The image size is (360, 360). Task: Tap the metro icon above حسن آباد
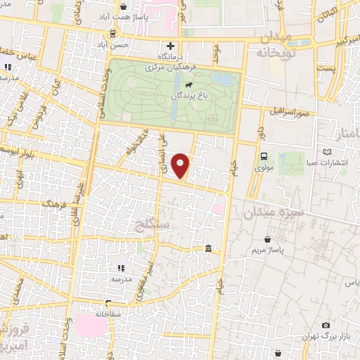coord(114,33)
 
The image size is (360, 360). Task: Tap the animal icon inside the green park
coord(188,85)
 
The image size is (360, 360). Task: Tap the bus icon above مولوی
coord(264,157)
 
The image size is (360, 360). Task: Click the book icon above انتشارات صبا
coord(326,152)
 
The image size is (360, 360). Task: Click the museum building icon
coord(209,249)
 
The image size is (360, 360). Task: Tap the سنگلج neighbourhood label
coord(152,226)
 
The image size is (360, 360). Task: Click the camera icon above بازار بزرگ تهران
coord(326,325)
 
